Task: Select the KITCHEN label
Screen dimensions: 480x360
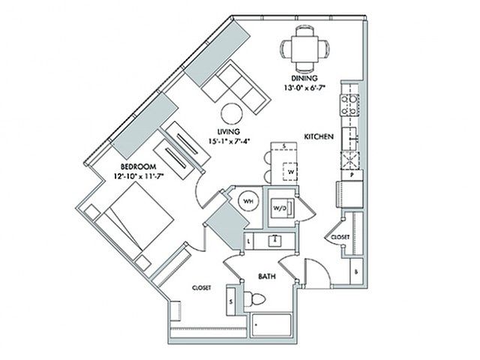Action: pos(318,136)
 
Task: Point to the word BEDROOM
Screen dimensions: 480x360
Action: pos(137,166)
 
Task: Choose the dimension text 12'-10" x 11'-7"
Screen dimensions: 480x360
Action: pos(138,175)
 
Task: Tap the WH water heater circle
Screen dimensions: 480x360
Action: pos(247,202)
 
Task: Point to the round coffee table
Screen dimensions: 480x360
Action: pos(232,113)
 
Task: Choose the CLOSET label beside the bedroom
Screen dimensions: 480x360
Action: pos(201,287)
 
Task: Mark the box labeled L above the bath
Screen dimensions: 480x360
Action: pos(249,241)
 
